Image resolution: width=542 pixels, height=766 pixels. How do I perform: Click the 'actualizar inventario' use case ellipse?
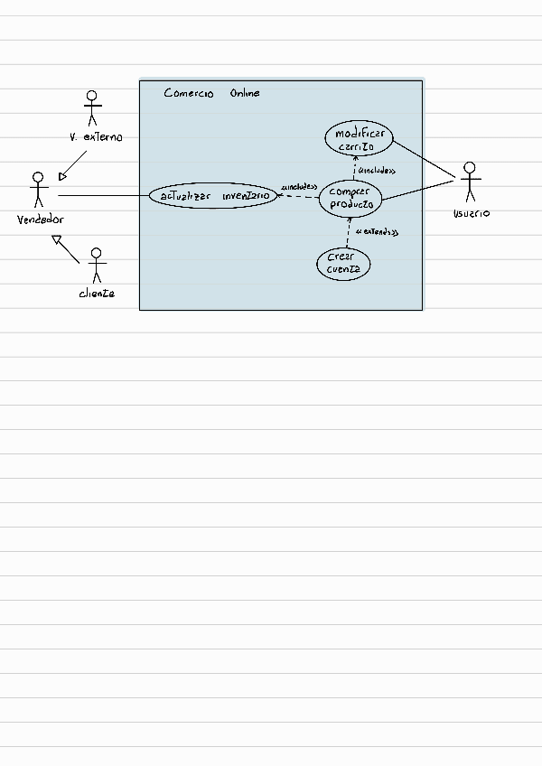point(213,195)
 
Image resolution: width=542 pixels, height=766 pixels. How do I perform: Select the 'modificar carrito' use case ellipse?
point(358,139)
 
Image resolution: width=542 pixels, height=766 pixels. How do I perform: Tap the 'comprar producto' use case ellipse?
point(351,198)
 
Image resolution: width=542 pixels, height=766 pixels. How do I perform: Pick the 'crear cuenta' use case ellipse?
point(343,264)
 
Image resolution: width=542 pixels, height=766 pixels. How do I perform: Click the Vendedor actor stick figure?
point(38,191)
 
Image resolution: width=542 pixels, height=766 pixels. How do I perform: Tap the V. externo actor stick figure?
point(90,108)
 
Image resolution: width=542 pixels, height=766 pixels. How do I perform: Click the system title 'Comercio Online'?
point(211,93)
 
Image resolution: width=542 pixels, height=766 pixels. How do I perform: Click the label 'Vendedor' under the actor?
point(41,220)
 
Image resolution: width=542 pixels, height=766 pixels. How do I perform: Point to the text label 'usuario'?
point(471,213)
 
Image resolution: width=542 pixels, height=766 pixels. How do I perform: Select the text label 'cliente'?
point(97,294)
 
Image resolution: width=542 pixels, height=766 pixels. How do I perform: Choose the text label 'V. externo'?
point(96,137)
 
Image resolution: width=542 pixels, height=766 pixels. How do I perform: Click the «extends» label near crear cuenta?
point(377,233)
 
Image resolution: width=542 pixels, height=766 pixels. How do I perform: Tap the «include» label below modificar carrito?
point(376,170)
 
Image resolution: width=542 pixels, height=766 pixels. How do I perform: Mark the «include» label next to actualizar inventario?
point(299,187)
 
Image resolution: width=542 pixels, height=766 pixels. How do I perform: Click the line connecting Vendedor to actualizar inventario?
point(103,195)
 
